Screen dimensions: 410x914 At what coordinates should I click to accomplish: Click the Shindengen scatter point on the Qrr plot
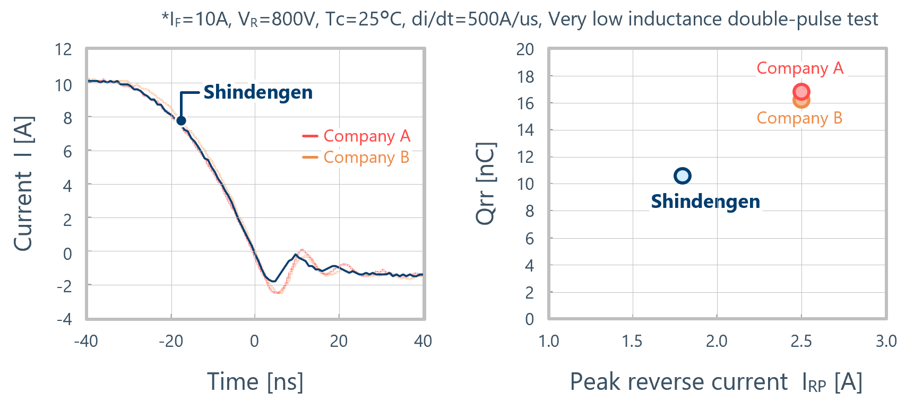682,176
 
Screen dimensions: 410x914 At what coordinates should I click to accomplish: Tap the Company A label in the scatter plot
799,68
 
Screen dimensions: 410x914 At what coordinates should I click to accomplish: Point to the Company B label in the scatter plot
799,118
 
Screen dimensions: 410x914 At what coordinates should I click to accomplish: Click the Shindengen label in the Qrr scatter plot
705,202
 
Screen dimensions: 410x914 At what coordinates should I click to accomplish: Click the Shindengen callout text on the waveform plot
258,92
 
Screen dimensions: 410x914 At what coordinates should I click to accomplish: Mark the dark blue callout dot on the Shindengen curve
181,120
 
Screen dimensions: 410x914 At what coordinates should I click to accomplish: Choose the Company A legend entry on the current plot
366,136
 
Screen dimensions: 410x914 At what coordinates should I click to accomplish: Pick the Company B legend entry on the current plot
366,158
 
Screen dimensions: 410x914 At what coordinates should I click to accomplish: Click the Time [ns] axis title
255,381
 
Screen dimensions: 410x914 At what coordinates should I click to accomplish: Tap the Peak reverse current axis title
715,382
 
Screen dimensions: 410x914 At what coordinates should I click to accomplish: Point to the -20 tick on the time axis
171,341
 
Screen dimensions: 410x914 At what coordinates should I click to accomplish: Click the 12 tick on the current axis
63,50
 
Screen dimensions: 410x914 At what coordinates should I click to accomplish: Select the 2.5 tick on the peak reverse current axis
801,341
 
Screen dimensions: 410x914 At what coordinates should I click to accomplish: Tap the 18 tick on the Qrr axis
525,77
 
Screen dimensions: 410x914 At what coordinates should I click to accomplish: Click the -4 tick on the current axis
64,319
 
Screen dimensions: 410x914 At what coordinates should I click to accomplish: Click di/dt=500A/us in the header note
476,20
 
